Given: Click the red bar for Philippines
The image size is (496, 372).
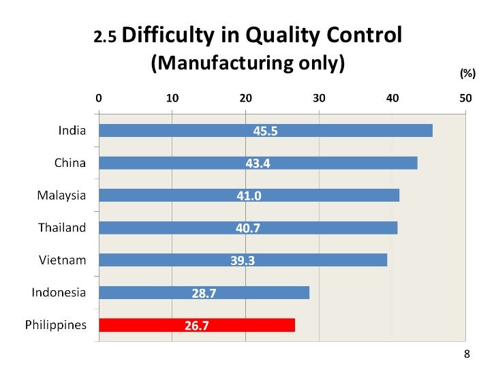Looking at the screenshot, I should tap(197, 325).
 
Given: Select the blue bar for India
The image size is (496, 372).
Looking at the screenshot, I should tap(266, 131).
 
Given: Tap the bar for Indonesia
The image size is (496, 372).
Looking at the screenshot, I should tap(204, 292).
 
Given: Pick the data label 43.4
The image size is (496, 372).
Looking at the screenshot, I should tap(258, 164).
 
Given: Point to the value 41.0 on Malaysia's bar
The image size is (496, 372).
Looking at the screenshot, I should tap(249, 196).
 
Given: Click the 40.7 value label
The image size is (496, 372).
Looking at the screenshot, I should tap(248, 228).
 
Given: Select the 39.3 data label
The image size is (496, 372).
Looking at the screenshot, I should tap(243, 260).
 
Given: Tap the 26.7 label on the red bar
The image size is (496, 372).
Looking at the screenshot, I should tap(197, 325).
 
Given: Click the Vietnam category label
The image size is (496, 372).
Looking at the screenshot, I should tap(62, 260).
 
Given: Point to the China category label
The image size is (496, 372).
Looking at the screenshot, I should tap(70, 163).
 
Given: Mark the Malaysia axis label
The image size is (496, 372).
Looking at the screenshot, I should tap(61, 196).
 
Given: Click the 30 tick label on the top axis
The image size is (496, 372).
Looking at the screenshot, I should tap(319, 97).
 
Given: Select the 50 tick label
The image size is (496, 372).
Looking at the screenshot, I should tap(465, 97).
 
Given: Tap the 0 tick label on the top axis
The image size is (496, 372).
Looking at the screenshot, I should tap(99, 97).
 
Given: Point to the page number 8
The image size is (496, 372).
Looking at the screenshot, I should tap(467, 354).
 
